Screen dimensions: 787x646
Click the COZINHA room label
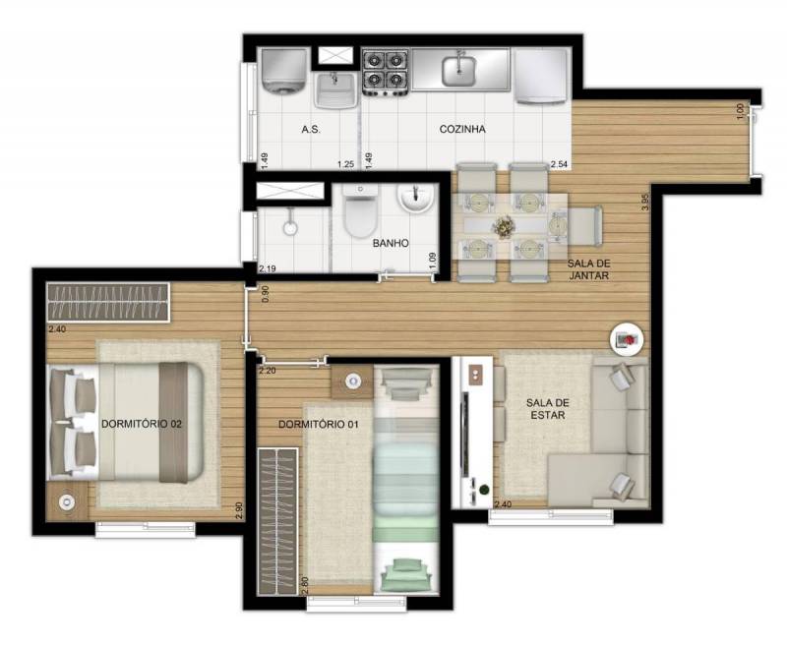(462, 129)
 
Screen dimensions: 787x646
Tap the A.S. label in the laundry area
(311, 130)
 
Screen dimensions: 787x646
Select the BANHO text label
(391, 243)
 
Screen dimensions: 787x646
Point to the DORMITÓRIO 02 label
(142, 424)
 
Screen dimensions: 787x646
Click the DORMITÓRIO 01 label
(318, 425)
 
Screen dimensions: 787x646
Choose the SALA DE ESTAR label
(548, 409)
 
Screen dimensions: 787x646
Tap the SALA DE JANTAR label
(588, 269)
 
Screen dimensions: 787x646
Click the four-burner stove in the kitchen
(385, 73)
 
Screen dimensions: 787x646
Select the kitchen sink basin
(458, 71)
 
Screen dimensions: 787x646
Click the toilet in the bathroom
(360, 210)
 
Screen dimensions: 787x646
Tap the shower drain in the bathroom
(290, 229)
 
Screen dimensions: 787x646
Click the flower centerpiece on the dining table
(504, 227)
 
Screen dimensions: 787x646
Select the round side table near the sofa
(627, 339)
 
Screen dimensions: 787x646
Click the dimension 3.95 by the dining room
(645, 203)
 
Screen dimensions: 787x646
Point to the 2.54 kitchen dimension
(559, 164)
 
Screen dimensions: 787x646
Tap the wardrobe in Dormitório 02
(107, 302)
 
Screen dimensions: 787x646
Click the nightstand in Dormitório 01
(353, 382)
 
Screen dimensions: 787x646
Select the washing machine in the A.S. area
(284, 71)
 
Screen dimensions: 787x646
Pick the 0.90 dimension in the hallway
(265, 294)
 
